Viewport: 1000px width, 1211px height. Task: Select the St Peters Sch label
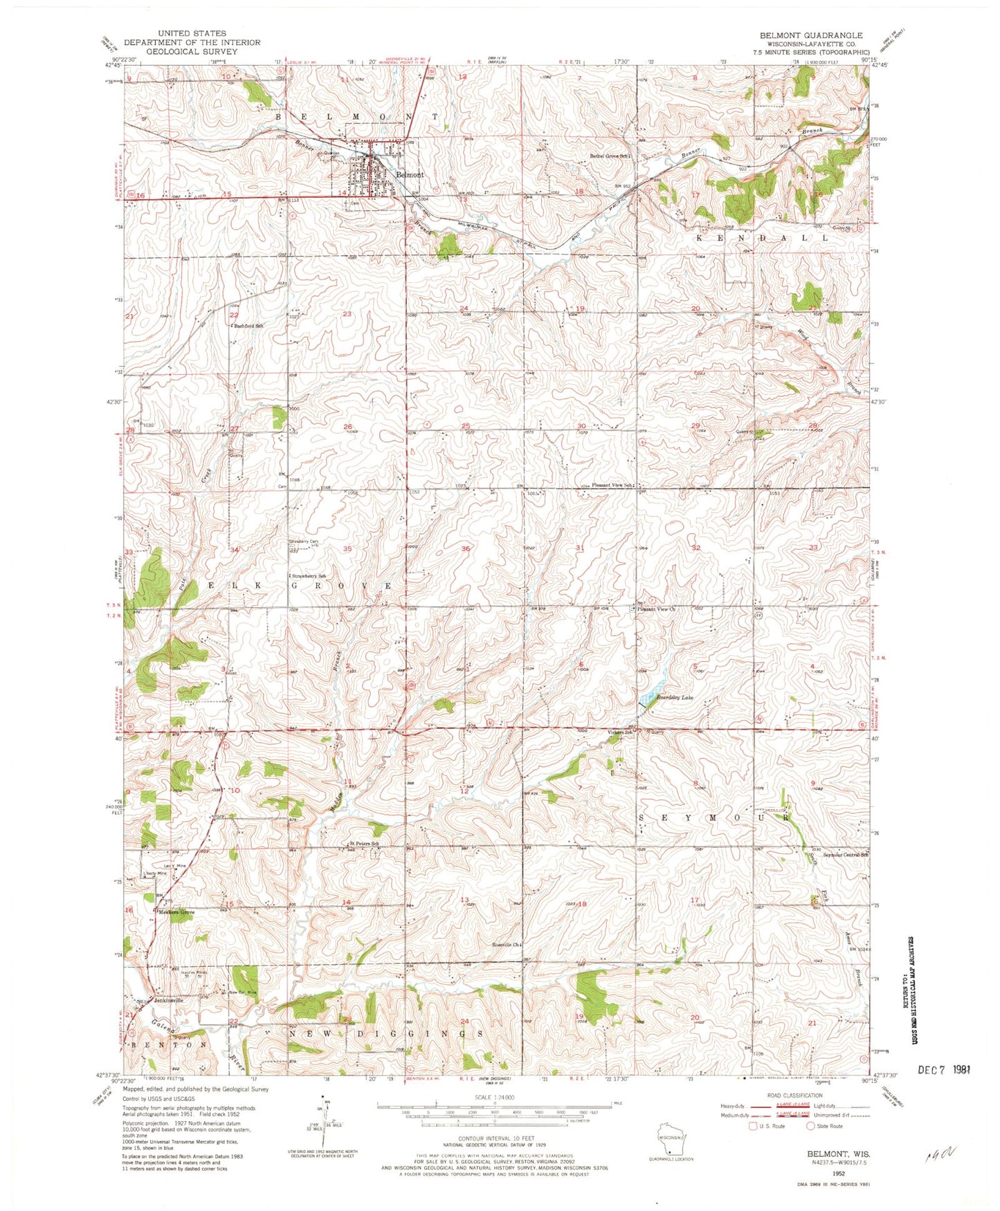pos(364,844)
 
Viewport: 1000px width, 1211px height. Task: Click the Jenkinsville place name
pos(169,1000)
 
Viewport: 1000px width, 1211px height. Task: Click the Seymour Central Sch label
pos(845,855)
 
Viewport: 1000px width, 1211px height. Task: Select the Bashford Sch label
pos(249,325)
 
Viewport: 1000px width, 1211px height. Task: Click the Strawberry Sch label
pos(308,576)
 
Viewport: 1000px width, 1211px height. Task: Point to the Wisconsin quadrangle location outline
pos(669,1138)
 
